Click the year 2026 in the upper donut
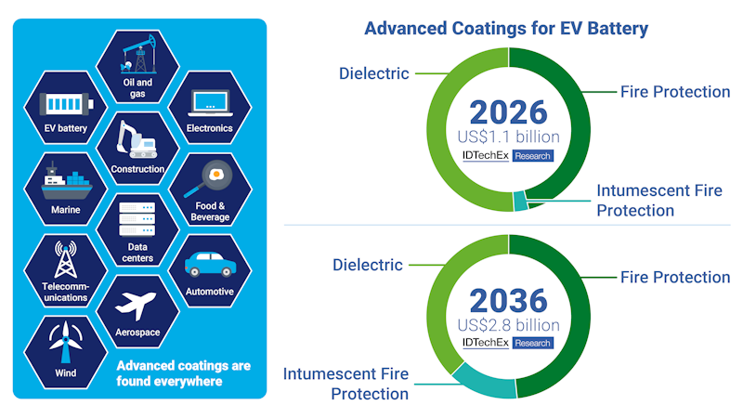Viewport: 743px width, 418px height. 508,113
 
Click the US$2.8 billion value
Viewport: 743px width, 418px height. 508,325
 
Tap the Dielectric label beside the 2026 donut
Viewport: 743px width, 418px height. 374,73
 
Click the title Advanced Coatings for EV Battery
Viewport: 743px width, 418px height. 506,29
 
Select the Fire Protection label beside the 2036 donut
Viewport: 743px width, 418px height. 675,277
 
